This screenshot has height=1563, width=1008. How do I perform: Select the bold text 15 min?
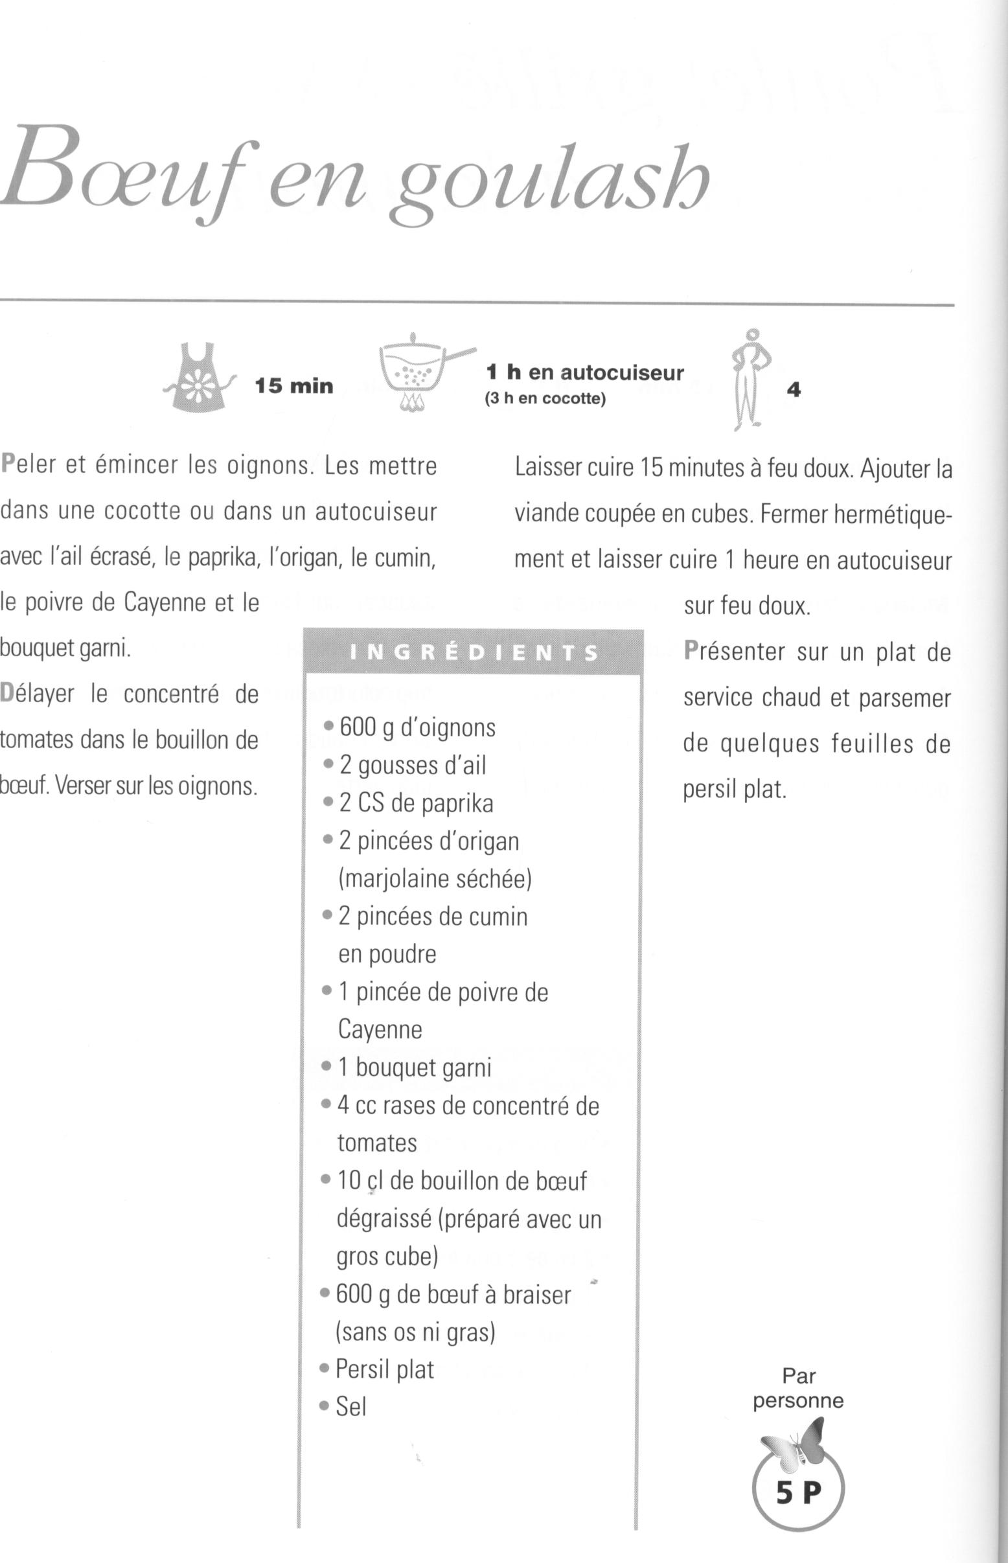(294, 386)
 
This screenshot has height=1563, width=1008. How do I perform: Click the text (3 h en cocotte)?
(545, 398)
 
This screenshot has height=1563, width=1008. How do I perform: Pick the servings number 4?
(794, 390)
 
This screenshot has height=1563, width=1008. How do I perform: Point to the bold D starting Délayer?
(8, 694)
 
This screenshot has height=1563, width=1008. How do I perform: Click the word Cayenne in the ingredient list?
(380, 1029)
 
